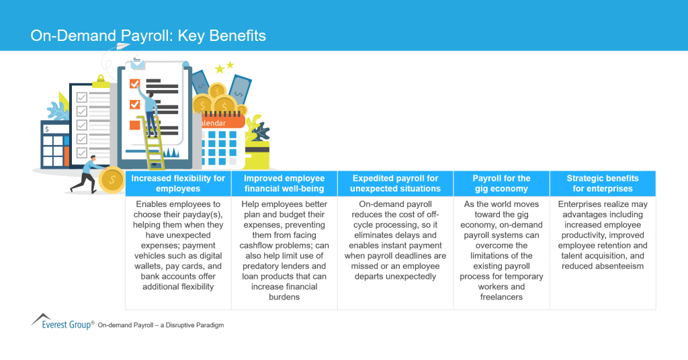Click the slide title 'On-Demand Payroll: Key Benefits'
148,36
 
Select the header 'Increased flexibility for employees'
178,183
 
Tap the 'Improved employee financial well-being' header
284,183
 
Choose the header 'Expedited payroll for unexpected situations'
395,183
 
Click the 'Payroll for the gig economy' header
501,183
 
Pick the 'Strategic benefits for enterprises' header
603,183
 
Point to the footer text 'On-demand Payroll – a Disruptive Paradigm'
161,325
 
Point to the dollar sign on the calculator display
46,129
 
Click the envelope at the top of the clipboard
138,63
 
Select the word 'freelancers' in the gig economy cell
501,296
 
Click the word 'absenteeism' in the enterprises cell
603,266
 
